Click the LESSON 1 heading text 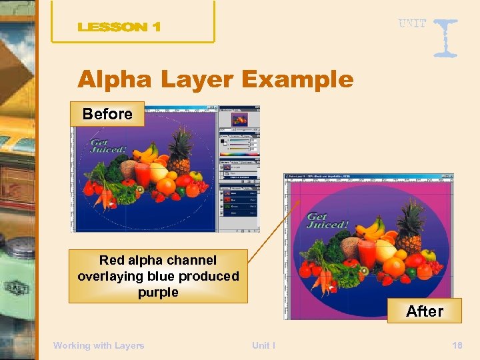pos(119,27)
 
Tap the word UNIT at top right pos(412,23)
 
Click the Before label pos(107,114)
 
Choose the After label pos(425,311)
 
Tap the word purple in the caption pos(158,292)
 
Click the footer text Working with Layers pos(99,345)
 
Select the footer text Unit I pos(263,345)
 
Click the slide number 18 pos(457,345)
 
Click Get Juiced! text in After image pos(327,221)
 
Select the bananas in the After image pos(371,229)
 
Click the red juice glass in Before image pos(142,175)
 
